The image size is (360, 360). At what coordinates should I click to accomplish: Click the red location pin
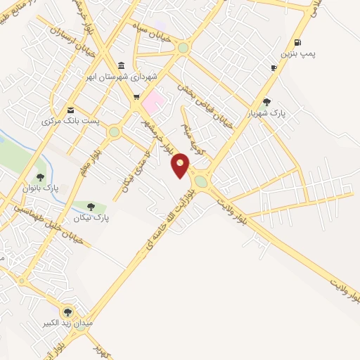point(181,165)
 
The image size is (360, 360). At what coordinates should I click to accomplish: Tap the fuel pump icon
point(298,42)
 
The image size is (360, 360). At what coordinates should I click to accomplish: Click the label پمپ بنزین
point(295,53)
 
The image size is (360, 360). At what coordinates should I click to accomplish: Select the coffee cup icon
point(274,67)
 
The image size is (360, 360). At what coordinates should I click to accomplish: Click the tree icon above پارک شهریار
point(266,102)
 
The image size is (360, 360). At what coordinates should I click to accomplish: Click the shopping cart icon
point(136,98)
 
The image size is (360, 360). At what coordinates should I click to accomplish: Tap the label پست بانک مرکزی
point(71,121)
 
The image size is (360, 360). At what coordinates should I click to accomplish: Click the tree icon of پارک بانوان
point(40,177)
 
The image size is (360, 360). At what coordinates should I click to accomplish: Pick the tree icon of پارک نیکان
point(91,206)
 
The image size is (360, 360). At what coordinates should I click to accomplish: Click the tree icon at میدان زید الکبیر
point(67,311)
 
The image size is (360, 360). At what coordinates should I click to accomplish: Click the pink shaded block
point(154,103)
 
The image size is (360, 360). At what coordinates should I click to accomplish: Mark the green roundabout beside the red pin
point(201,181)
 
